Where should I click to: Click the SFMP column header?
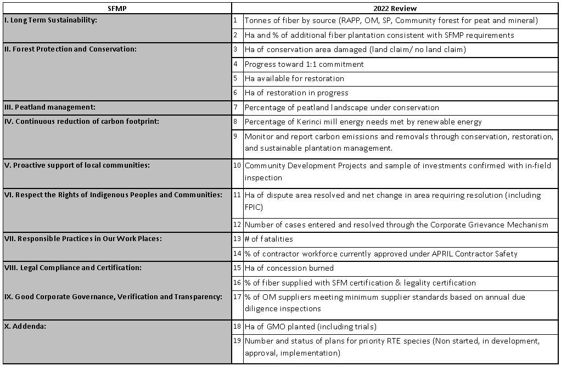click(117, 8)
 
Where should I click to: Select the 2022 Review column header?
click(395, 8)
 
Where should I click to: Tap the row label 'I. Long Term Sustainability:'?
click(51, 20)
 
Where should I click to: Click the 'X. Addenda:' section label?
click(24, 327)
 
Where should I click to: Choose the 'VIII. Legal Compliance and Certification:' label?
click(72, 268)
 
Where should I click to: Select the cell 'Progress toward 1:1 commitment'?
click(304, 64)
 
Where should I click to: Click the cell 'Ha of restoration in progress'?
click(296, 93)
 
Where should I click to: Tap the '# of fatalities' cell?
click(269, 239)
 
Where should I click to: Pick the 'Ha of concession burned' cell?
click(289, 268)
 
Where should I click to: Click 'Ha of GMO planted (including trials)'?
click(310, 327)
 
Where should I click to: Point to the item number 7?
click(235, 107)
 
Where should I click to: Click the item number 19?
click(237, 341)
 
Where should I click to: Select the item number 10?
click(237, 165)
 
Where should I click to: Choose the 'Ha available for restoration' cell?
click(294, 78)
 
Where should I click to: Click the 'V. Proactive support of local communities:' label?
click(76, 165)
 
